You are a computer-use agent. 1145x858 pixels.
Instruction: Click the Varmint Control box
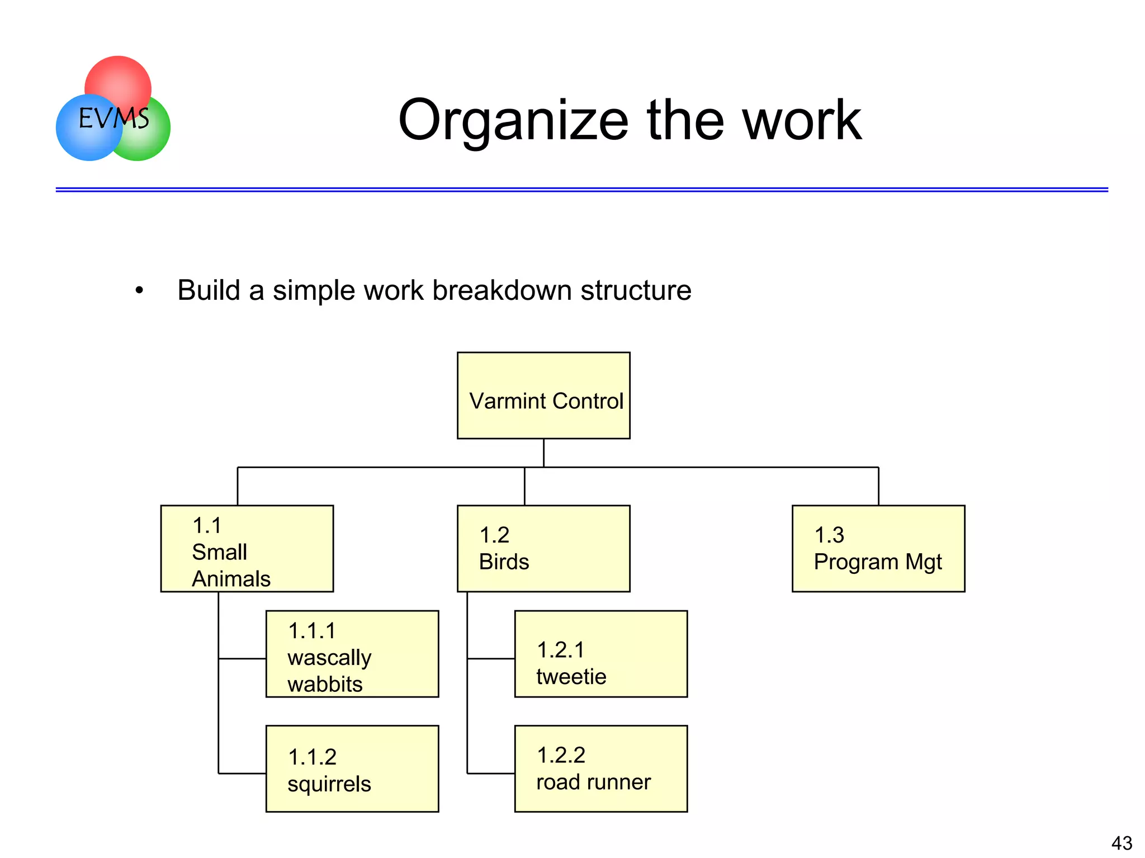pos(543,395)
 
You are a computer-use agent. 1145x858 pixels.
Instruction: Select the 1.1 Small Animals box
pos(247,548)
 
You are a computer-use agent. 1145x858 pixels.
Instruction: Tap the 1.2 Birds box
pos(543,548)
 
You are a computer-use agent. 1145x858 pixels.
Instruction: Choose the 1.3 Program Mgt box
pos(878,548)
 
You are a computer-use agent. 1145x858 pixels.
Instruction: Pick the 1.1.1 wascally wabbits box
pos(352,653)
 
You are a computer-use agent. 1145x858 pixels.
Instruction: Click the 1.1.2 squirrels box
pos(352,769)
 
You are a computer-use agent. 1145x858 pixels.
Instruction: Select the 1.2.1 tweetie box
pos(601,653)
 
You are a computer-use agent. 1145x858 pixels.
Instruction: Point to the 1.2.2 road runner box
pos(601,769)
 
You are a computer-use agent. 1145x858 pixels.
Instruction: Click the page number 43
pos(1122,843)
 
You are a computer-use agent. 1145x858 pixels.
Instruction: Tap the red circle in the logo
pos(118,78)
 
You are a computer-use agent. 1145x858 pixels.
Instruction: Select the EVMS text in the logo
pos(113,118)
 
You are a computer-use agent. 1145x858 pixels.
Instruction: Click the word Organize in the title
pos(513,121)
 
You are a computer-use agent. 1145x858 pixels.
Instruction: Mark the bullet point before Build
pos(139,290)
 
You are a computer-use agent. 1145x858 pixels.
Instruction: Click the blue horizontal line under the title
pos(581,190)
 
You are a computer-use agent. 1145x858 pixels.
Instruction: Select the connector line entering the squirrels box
pos(242,774)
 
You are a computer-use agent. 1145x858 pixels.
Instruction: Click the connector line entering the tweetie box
pos(491,659)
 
